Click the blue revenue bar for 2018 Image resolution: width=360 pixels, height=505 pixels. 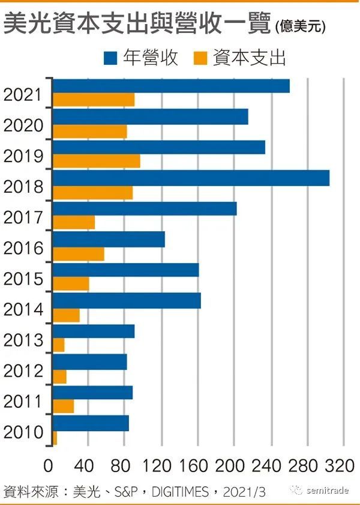tap(191, 178)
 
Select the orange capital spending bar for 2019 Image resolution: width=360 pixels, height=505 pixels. tap(97, 161)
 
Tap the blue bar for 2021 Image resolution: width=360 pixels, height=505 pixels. tap(171, 85)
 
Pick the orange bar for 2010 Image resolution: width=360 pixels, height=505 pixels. tap(55, 438)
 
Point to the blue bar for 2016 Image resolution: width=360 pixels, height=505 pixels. tap(109, 240)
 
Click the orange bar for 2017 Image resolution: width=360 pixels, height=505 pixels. tap(74, 222)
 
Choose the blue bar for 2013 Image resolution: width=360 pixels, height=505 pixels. tap(94, 331)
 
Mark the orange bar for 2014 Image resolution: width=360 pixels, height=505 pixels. tap(66, 315)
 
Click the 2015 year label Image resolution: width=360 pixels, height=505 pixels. tap(23, 279)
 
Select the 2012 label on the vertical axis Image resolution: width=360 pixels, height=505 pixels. tap(23, 371)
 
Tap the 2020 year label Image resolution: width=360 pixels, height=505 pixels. tap(23, 125)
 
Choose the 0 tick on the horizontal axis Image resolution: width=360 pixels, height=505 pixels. tap(48, 465)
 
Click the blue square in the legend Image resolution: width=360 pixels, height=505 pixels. tap(110, 58)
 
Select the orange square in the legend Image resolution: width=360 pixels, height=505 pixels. tap(201, 58)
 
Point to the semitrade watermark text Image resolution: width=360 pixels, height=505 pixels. tap(328, 491)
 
